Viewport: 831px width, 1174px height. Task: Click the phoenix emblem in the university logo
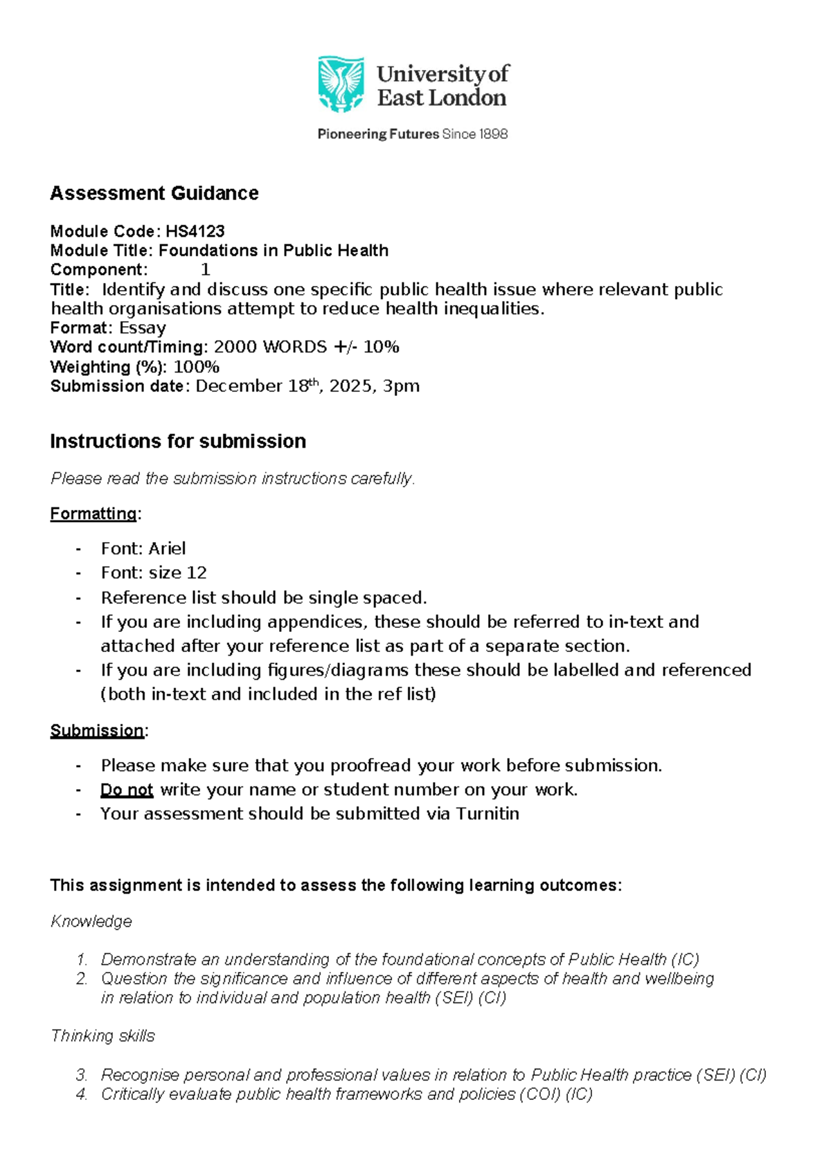tap(341, 84)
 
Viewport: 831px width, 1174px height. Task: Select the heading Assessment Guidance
tap(154, 193)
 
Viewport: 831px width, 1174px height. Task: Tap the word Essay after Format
tap(142, 328)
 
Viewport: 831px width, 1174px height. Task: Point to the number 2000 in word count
tap(235, 347)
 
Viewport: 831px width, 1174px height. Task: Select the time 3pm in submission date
tap(402, 386)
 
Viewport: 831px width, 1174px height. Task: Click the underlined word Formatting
tap(93, 514)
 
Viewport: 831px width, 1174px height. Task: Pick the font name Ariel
tap(167, 549)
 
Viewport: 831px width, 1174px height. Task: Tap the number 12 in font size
tap(197, 573)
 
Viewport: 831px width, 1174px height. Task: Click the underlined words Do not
tap(127, 790)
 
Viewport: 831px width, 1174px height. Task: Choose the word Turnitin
tap(488, 814)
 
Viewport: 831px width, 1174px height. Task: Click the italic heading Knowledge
tap(91, 922)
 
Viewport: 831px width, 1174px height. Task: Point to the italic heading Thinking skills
tap(102, 1036)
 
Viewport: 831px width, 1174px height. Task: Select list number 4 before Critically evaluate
tap(82, 1094)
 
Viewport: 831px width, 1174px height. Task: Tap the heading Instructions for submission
tap(178, 442)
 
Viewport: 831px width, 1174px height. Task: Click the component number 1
tap(205, 270)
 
